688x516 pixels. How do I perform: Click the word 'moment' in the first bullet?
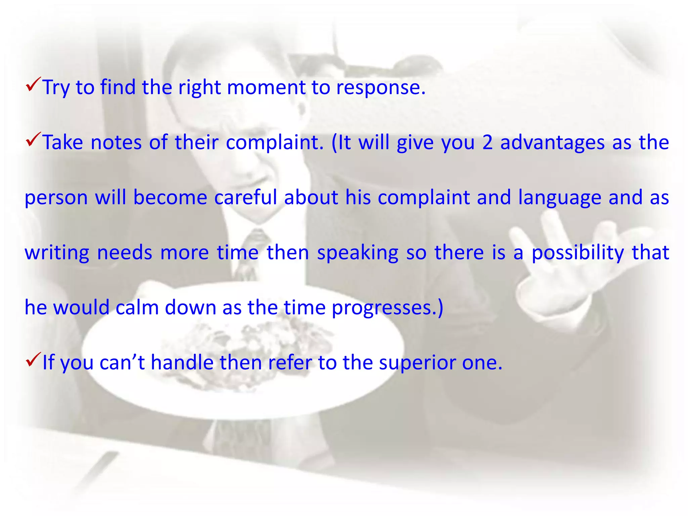[x=266, y=87]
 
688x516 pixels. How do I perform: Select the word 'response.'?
[x=381, y=88]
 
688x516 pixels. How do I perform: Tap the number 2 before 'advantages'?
[x=487, y=142]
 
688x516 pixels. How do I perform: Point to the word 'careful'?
[x=246, y=197]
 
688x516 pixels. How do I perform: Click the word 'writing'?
[x=57, y=253]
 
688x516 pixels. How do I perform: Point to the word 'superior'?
[x=417, y=363]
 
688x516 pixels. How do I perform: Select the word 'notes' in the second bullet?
[x=116, y=142]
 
